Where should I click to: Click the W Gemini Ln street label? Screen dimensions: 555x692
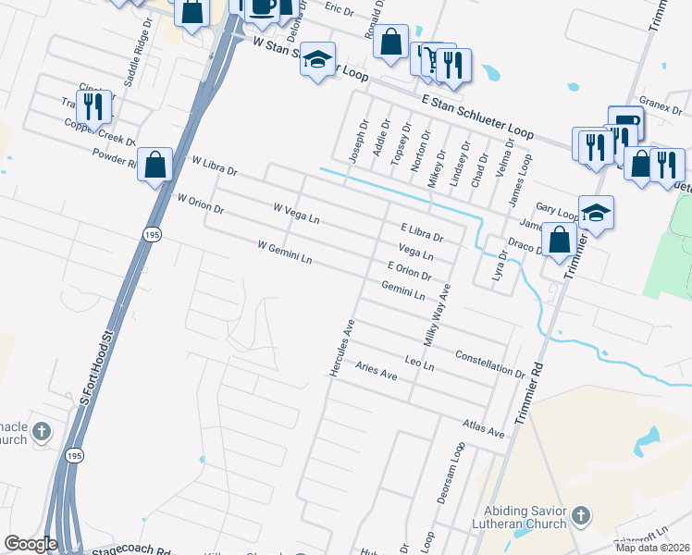[284, 253]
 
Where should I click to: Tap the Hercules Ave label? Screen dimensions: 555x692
[340, 347]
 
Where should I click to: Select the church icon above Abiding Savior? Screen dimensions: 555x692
[580, 515]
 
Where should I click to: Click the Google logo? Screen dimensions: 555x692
[31, 544]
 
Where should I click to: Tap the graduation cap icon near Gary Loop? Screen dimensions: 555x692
[596, 213]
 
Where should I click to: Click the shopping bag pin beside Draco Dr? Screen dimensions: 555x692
[559, 240]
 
